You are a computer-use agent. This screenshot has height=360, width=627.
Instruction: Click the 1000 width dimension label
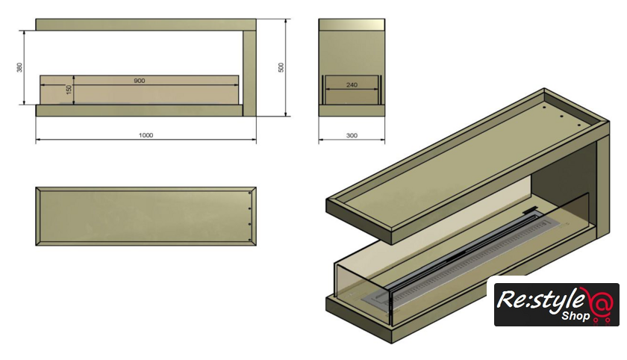pos(146,135)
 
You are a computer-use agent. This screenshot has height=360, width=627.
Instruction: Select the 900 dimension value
pos(139,81)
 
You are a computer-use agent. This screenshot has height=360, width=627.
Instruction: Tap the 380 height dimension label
pos(19,67)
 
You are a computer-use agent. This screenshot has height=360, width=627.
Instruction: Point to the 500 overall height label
pos(281,67)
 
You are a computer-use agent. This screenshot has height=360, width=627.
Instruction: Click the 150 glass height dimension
pos(69,89)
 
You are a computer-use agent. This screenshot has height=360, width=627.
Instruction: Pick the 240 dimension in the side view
pos(352,85)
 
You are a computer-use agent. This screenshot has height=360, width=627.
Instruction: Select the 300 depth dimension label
pos(352,136)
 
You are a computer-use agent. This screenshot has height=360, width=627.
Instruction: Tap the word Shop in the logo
pos(575,316)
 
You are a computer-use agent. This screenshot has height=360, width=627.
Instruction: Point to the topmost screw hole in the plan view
pos(250,193)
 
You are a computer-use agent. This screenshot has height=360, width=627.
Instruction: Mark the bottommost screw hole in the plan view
pos(250,240)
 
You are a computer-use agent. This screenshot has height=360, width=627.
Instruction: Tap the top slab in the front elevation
pos(146,25)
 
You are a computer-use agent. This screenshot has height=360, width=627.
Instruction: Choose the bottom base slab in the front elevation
pos(139,111)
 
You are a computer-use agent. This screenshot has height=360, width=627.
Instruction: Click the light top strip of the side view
pos(352,25)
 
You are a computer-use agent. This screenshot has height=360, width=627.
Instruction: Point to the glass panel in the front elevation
pos(140,90)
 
